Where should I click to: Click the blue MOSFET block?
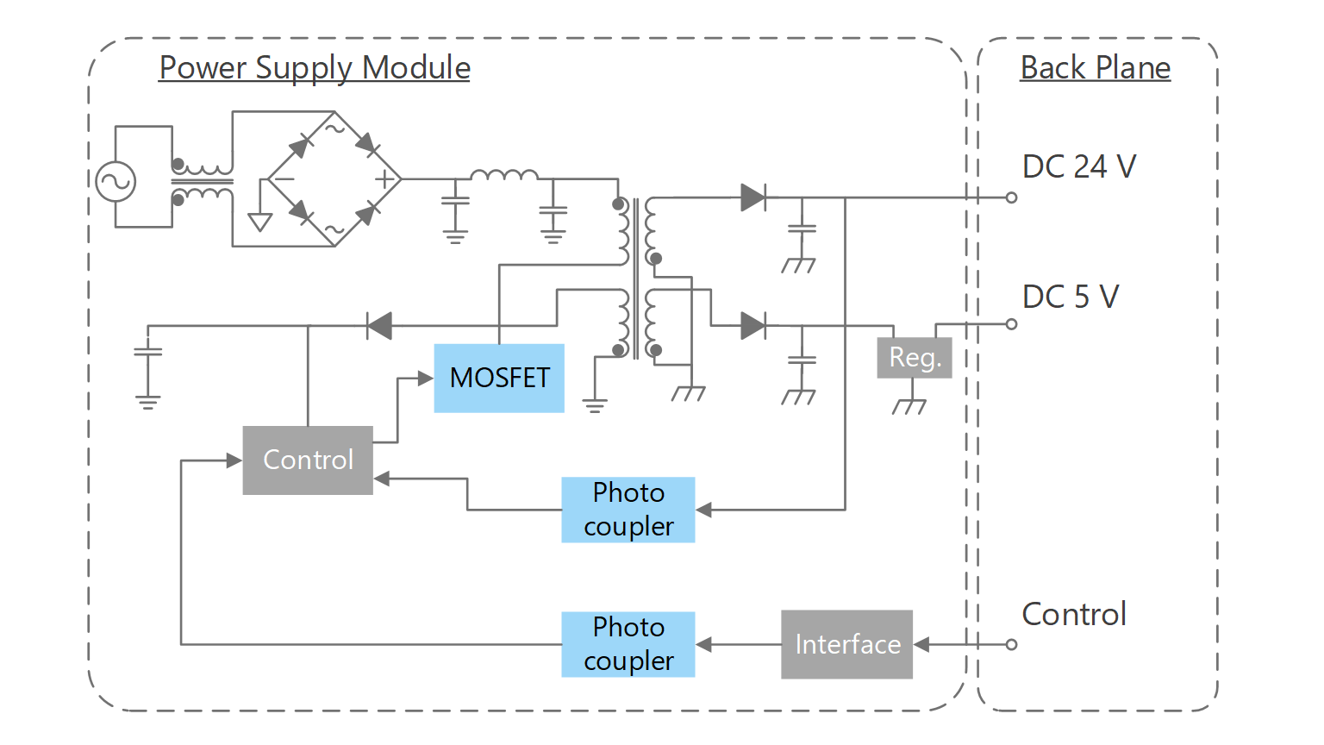click(x=499, y=378)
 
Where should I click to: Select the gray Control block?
click(x=308, y=460)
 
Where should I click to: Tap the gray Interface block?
click(x=846, y=644)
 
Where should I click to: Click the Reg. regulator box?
click(x=915, y=357)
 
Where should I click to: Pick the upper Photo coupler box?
click(x=628, y=510)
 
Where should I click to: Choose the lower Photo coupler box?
click(x=628, y=644)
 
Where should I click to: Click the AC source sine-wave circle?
click(x=115, y=181)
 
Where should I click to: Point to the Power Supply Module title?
click(x=315, y=67)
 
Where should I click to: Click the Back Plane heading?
click(x=1095, y=67)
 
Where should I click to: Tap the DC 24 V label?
click(x=1079, y=166)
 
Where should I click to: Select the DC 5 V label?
click(x=1071, y=297)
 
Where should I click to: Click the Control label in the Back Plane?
click(x=1074, y=614)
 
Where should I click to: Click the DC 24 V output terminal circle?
click(x=1011, y=197)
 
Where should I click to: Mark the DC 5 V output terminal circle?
click(x=1011, y=324)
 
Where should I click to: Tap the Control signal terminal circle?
click(x=1011, y=644)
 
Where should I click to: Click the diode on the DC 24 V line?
click(x=753, y=197)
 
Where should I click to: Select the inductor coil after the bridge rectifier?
click(x=504, y=175)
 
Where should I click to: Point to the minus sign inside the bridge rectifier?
click(x=284, y=179)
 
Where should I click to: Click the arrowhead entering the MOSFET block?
click(x=425, y=378)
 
